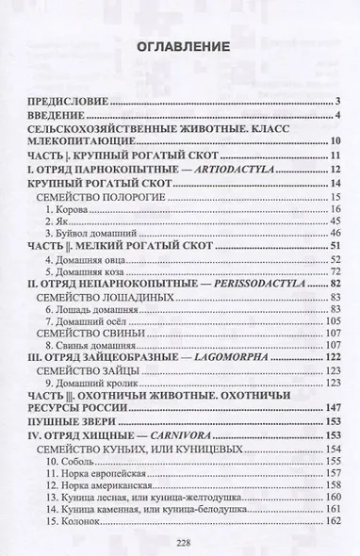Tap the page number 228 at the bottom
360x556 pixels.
(179, 541)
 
